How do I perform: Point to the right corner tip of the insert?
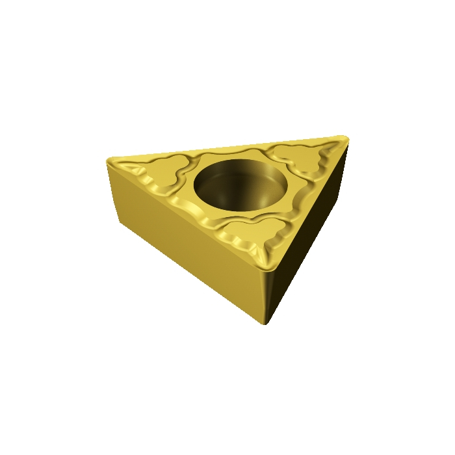click(345, 138)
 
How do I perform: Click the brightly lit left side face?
click(188, 253)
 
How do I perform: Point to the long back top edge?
click(227, 146)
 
